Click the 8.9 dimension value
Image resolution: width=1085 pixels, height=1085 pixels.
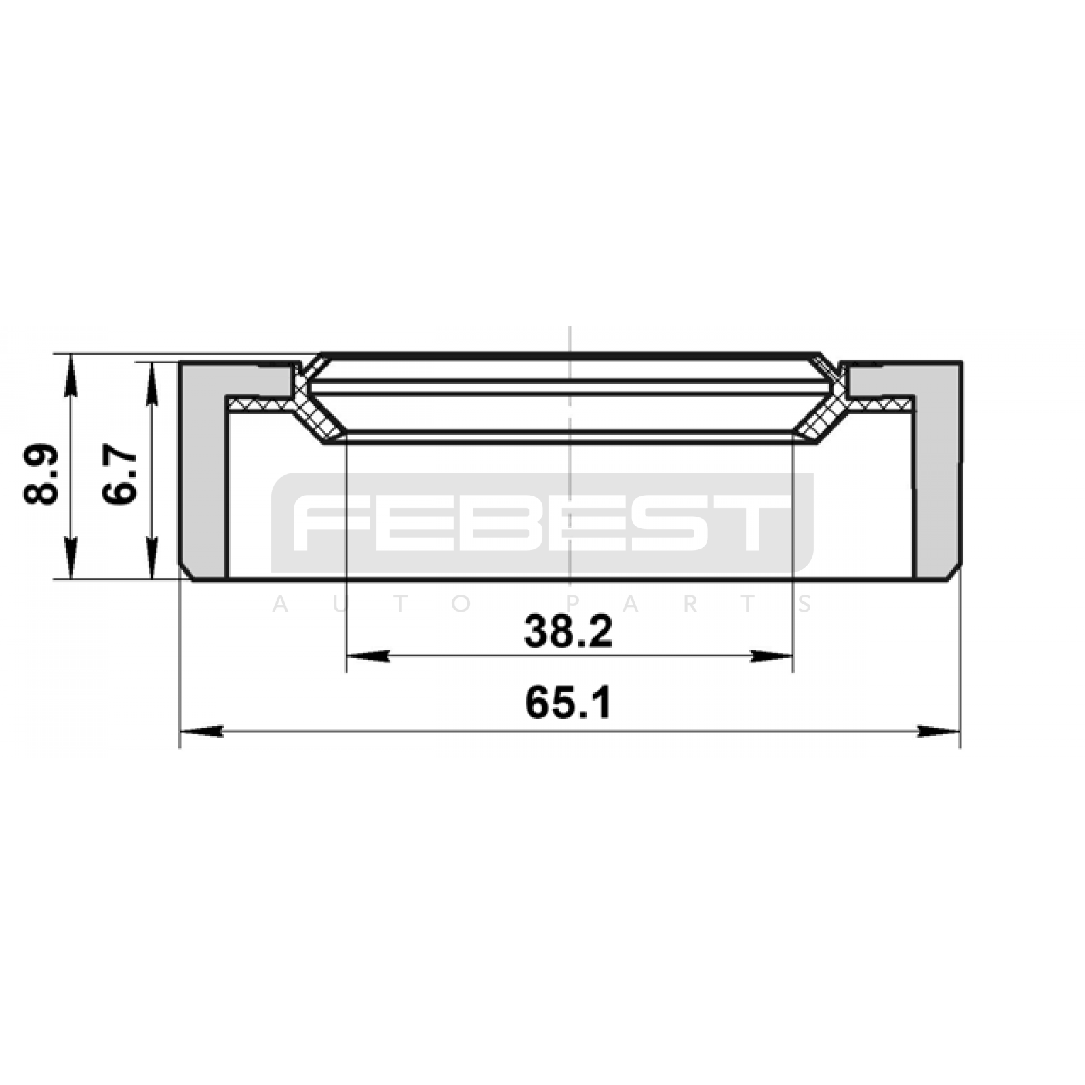click(x=41, y=475)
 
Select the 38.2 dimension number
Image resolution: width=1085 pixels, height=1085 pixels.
click(x=568, y=631)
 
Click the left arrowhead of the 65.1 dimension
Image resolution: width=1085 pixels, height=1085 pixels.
click(x=201, y=731)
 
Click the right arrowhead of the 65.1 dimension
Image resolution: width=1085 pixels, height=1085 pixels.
click(x=938, y=731)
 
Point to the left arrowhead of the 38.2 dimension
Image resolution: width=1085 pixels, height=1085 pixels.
click(x=368, y=656)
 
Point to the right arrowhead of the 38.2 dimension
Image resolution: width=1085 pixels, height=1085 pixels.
click(x=771, y=656)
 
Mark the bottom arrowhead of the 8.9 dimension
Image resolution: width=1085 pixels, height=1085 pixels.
click(x=71, y=557)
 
